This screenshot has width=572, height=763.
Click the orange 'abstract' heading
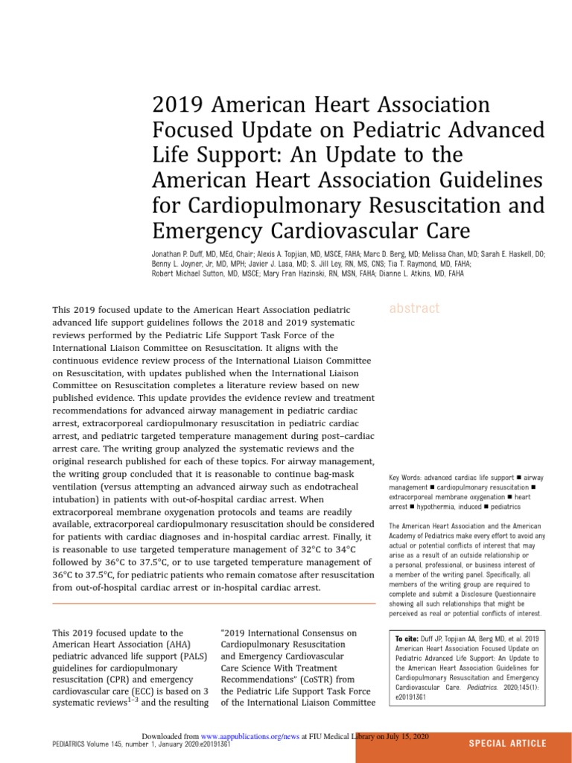[x=414, y=308]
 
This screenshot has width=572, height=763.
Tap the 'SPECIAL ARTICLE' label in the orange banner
[x=507, y=743]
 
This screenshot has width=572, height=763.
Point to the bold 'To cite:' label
[x=407, y=639]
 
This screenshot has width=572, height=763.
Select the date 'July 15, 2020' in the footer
[x=410, y=736]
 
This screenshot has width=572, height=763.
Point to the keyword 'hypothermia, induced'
[x=445, y=507]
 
